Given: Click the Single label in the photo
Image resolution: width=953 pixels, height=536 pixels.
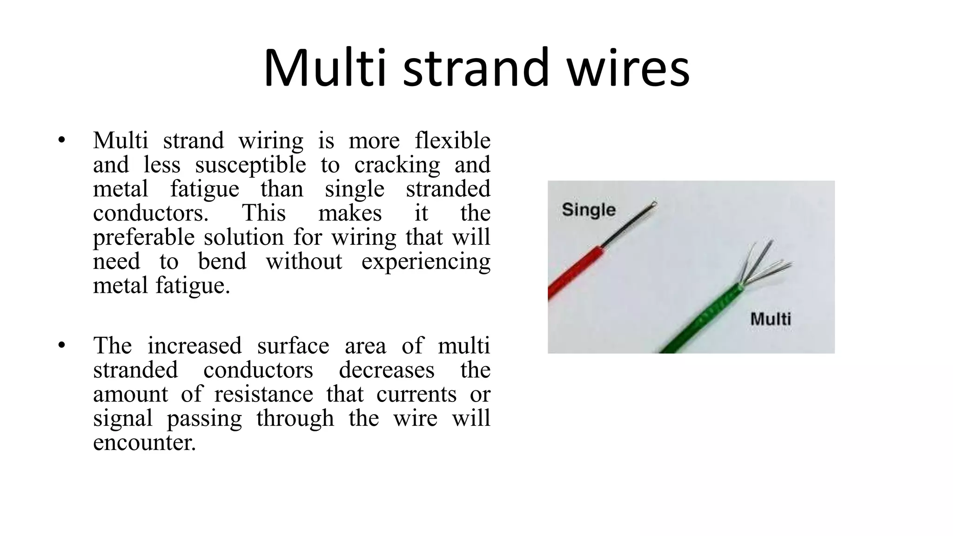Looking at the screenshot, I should tap(589, 210).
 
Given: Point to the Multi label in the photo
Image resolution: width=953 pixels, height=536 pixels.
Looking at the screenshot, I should tap(771, 319).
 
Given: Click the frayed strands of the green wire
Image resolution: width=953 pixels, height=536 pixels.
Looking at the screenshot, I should tap(763, 265).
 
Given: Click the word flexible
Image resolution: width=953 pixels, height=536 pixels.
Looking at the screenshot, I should tap(452, 140).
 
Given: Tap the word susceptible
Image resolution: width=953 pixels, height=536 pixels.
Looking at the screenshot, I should tap(250, 165).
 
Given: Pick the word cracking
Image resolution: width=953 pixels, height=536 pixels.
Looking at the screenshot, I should tap(396, 165).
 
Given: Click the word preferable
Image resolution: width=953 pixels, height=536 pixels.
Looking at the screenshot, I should tap(141, 237).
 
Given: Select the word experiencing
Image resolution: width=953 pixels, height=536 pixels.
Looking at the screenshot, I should tap(426, 261).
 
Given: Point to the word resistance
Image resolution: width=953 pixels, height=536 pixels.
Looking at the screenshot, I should tap(263, 394).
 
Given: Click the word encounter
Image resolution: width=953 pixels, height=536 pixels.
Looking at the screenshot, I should tap(144, 442).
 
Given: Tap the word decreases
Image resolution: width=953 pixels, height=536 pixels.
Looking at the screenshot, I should tap(386, 370).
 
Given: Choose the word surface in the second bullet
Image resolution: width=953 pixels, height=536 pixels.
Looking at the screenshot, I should tap(293, 346).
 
